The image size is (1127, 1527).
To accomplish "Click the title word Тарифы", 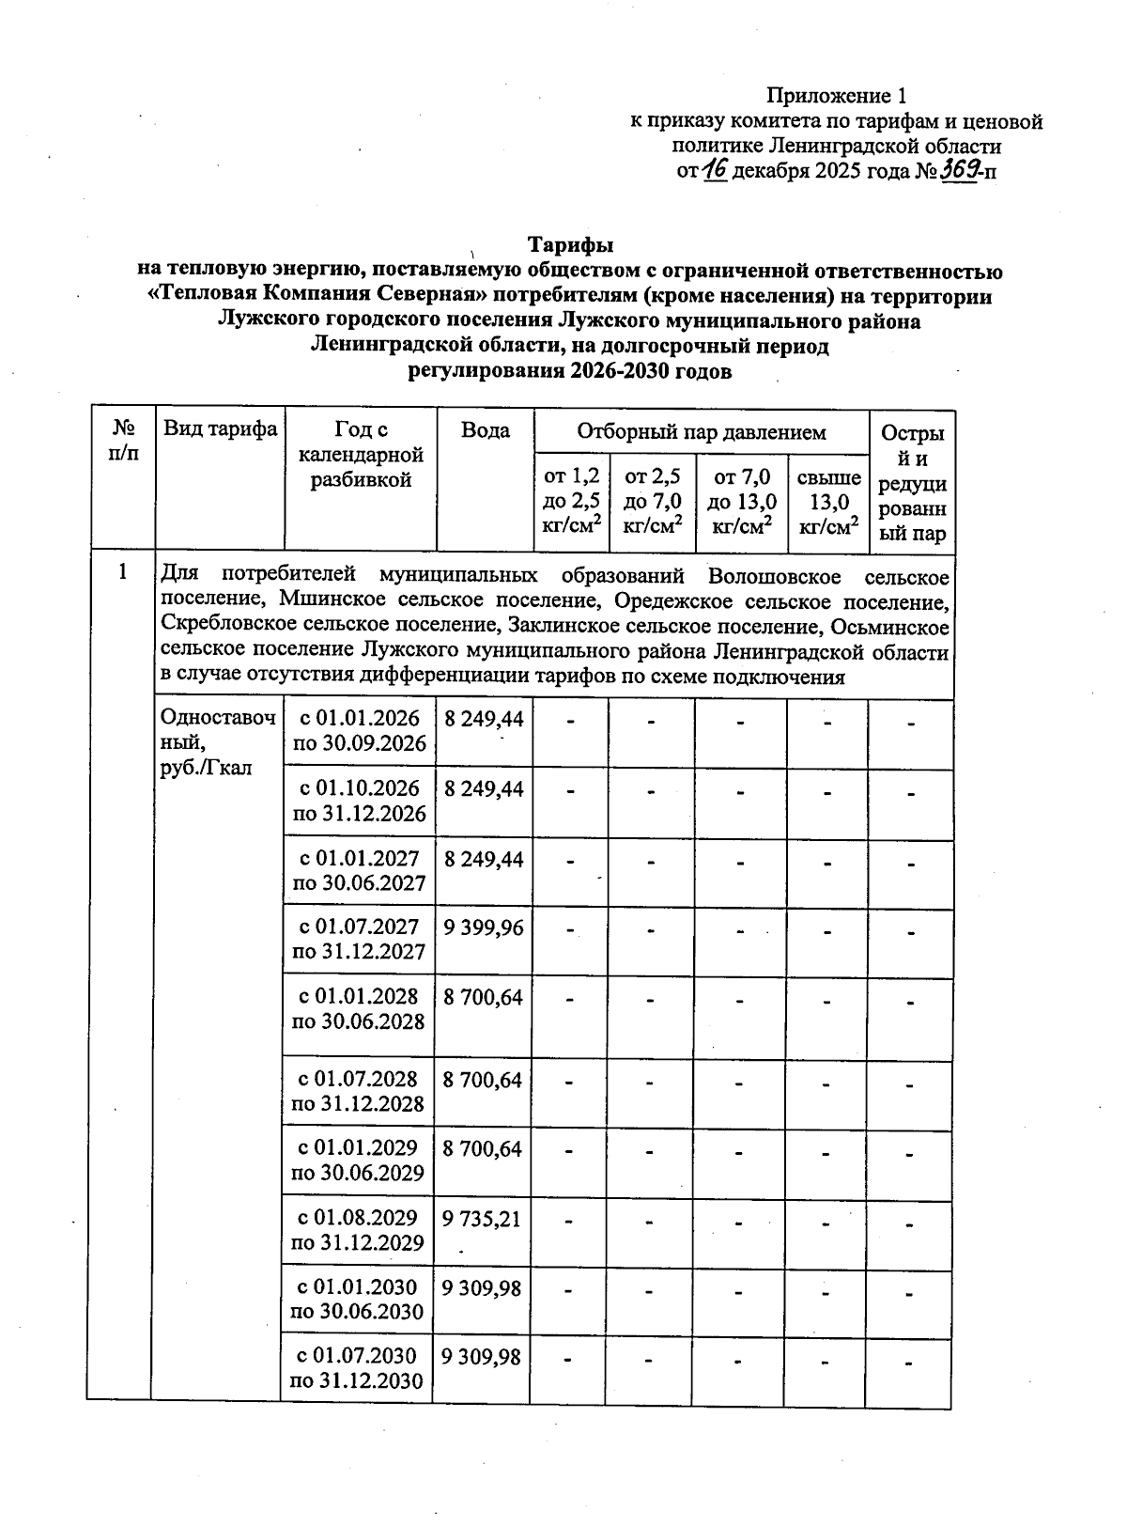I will tap(569, 245).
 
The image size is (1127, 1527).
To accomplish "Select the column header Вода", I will tap(486, 430).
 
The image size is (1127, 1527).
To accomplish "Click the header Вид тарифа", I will tap(220, 429).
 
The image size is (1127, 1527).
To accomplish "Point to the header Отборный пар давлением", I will tap(701, 432).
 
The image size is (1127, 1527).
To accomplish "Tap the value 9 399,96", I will tap(483, 928).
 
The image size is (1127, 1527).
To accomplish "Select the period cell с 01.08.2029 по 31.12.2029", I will tap(358, 1230).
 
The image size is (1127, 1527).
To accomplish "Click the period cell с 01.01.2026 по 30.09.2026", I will tap(359, 731).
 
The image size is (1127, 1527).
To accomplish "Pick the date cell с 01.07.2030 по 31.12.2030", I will tap(357, 1368).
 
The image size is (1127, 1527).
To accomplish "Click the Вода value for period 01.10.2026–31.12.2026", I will tap(484, 788).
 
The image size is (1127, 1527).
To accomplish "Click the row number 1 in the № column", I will tap(121, 571).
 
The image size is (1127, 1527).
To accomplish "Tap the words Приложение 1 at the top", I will tap(836, 96).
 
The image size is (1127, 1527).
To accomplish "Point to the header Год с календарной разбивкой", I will tap(360, 455).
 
